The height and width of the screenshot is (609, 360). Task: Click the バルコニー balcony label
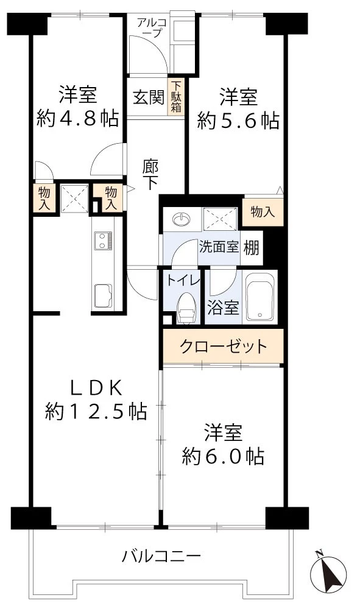[x=161, y=555]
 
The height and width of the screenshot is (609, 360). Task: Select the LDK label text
[x=95, y=387]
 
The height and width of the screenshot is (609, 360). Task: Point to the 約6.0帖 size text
[x=222, y=456]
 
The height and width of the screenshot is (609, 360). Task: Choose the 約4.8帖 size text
[x=77, y=119]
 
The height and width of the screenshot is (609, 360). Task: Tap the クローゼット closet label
[x=223, y=347]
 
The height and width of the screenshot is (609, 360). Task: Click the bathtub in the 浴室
[x=260, y=298]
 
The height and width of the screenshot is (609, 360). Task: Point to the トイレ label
[x=180, y=281]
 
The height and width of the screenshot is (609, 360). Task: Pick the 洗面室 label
[x=219, y=248]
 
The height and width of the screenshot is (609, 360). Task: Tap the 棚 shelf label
[x=252, y=248]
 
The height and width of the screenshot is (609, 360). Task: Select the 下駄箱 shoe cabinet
[x=176, y=97]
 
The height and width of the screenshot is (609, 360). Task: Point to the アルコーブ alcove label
[x=150, y=28]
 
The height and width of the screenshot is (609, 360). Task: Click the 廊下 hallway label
[x=151, y=174]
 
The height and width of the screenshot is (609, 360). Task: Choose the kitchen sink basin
[x=102, y=295]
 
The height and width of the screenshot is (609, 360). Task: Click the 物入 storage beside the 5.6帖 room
[x=263, y=212]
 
